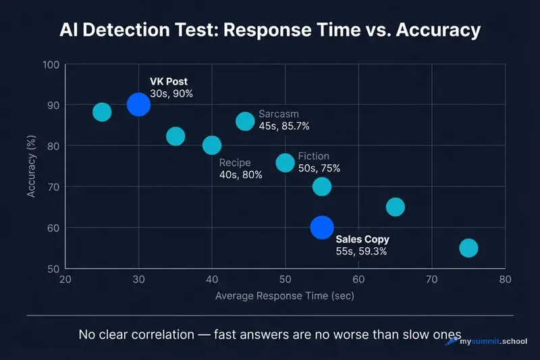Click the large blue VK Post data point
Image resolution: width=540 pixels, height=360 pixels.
pos(138,105)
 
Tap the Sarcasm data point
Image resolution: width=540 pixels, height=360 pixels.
pos(245,121)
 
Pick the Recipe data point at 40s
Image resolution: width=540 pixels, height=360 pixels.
pos(212,145)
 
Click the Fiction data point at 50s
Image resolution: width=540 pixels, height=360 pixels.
pos(286,163)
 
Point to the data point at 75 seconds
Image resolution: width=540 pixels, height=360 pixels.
pos(468,248)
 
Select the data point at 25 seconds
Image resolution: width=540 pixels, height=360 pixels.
pos(102,112)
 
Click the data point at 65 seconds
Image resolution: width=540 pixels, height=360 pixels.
pos(396,207)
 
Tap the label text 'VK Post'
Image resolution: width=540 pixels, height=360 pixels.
pos(169,82)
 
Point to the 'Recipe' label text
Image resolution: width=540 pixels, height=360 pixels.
pos(235,163)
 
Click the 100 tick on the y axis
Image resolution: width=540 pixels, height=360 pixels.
pos(51,65)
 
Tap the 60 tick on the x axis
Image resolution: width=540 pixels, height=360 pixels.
pos(358,280)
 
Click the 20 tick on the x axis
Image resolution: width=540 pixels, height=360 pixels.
pos(65,280)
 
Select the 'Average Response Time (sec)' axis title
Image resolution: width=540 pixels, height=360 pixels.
pos(284,296)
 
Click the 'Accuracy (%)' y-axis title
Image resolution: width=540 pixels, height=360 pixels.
pos(31,167)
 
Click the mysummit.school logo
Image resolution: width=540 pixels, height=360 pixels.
pos(487,342)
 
